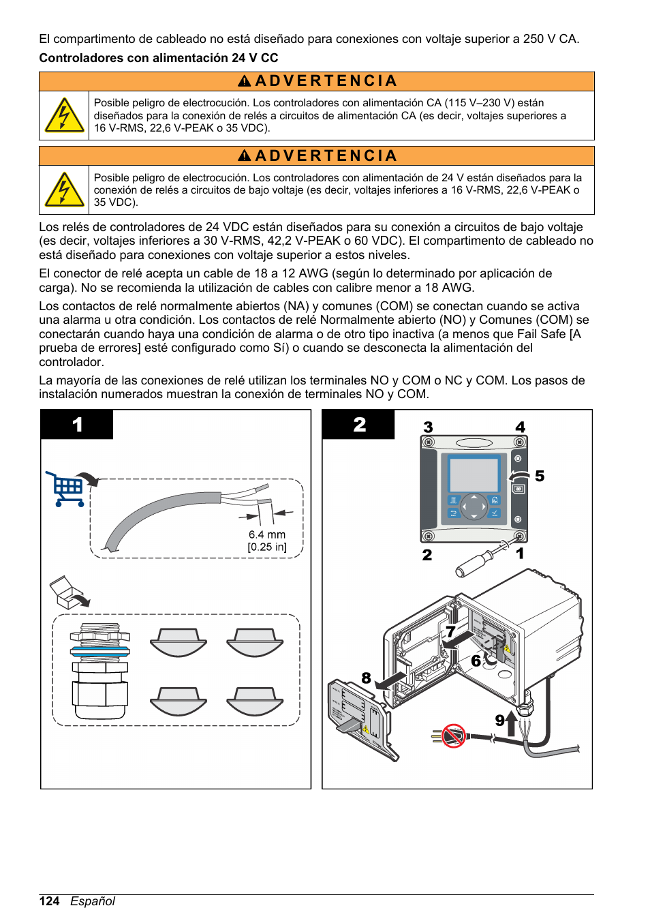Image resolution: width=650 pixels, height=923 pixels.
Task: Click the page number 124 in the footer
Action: pyautogui.click(x=49, y=901)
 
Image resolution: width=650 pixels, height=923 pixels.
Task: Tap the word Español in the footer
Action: pyautogui.click(x=93, y=901)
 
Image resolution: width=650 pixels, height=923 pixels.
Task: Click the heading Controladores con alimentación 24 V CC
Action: pyautogui.click(x=158, y=58)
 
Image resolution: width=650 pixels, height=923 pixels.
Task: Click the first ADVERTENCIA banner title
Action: pyautogui.click(x=318, y=81)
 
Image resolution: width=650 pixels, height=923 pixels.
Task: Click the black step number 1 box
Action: pyautogui.click(x=77, y=425)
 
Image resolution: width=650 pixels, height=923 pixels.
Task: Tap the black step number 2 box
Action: pyautogui.click(x=359, y=425)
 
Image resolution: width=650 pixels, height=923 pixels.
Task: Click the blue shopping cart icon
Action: pyautogui.click(x=67, y=489)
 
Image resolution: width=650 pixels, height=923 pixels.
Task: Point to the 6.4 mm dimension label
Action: pyautogui.click(x=267, y=535)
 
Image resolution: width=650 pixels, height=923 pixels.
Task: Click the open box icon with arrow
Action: pyautogui.click(x=68, y=592)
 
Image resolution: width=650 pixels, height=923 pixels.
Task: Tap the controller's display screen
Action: pyautogui.click(x=474, y=474)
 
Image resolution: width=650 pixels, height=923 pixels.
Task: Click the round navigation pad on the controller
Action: pyautogui.click(x=474, y=506)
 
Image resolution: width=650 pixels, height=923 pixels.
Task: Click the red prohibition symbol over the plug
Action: pyautogui.click(x=453, y=736)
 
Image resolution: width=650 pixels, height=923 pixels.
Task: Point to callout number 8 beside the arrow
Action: pyautogui.click(x=367, y=678)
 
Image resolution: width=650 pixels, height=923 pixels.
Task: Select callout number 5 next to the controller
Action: pyautogui.click(x=540, y=476)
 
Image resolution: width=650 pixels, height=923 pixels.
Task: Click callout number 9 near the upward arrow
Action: pyautogui.click(x=500, y=721)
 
